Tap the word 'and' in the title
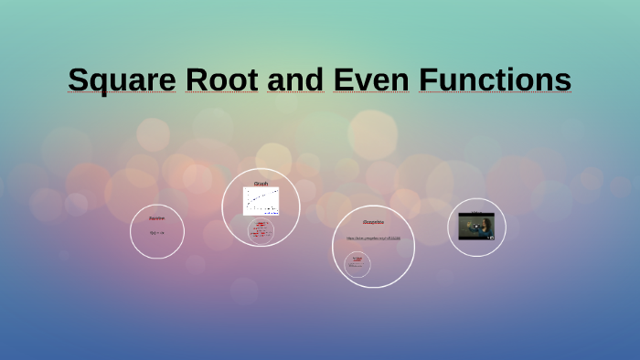click(294, 79)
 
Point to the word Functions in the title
click(496, 79)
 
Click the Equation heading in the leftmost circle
click(156, 217)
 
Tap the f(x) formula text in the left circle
click(156, 232)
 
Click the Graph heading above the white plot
click(261, 184)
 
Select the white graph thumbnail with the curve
click(261, 201)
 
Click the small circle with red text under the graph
click(261, 230)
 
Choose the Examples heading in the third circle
click(373, 222)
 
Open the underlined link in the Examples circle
click(373, 238)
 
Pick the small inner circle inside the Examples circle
click(357, 264)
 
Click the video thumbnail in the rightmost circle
click(476, 226)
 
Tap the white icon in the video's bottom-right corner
click(491, 238)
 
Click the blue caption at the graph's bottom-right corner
click(272, 213)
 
